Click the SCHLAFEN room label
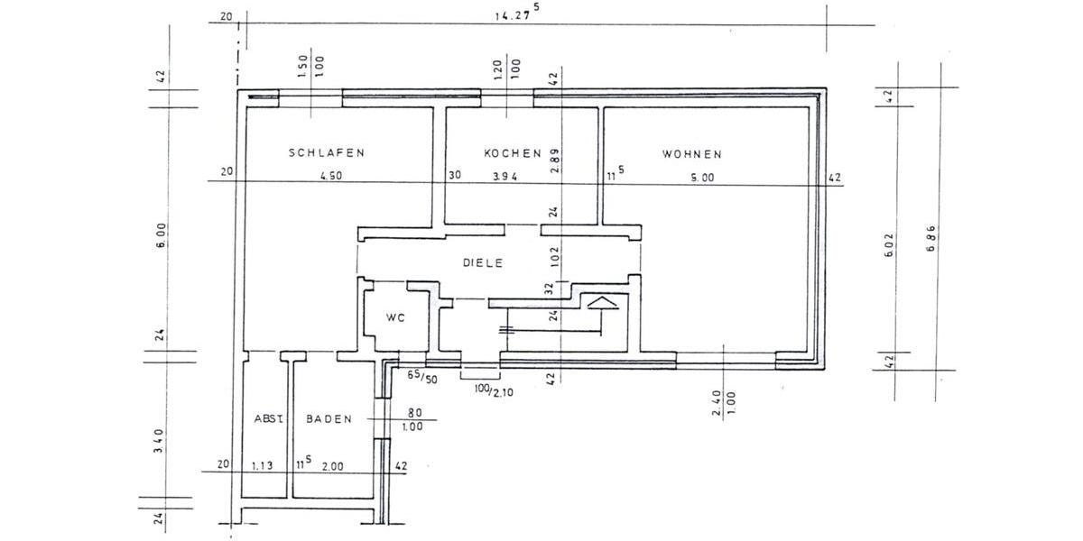pyautogui.click(x=327, y=152)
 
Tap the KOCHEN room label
pyautogui.click(x=513, y=153)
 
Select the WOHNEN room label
pyautogui.click(x=692, y=154)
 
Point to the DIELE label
pyautogui.click(x=483, y=262)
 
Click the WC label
pyautogui.click(x=395, y=317)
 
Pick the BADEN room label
pyautogui.click(x=329, y=418)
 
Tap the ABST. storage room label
pyautogui.click(x=269, y=418)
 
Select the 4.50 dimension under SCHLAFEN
pyautogui.click(x=331, y=176)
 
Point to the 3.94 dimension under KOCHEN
pyautogui.click(x=505, y=177)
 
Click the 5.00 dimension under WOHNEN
pyautogui.click(x=702, y=178)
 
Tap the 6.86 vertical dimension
pyautogui.click(x=931, y=239)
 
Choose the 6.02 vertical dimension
pyautogui.click(x=889, y=245)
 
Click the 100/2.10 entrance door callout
pyautogui.click(x=494, y=390)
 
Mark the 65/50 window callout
pyautogui.click(x=422, y=377)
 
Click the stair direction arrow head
pyautogui.click(x=602, y=303)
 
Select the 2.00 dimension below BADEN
pyautogui.click(x=333, y=466)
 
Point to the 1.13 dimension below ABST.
pyautogui.click(x=263, y=465)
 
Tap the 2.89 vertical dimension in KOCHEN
pyautogui.click(x=554, y=160)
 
